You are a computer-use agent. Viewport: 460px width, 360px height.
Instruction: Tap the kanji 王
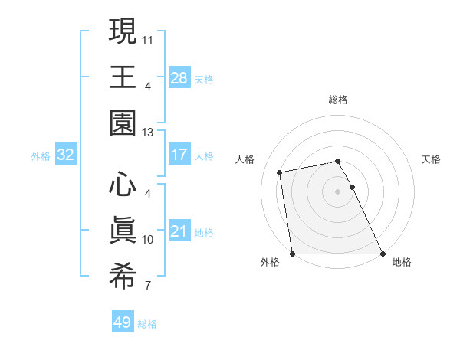[x=123, y=77]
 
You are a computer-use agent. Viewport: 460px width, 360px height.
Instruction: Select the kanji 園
[x=123, y=123]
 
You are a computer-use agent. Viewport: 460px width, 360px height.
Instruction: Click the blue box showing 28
[x=179, y=77]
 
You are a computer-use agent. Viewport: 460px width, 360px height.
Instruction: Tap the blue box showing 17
[x=179, y=155]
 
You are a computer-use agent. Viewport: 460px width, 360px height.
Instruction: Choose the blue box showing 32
[x=66, y=155]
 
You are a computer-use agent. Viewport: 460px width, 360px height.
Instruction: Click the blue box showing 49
[x=123, y=322]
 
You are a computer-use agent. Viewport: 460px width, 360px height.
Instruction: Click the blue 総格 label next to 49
[x=147, y=324]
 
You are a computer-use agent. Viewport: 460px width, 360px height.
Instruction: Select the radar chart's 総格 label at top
[x=337, y=100]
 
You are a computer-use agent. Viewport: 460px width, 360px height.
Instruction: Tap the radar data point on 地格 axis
[x=383, y=254]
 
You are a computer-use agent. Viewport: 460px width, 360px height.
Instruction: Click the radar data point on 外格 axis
[x=292, y=254]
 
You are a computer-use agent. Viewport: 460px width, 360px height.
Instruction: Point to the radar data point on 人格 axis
[x=280, y=172]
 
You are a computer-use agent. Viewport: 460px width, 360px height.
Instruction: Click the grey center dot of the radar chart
[x=337, y=191]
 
